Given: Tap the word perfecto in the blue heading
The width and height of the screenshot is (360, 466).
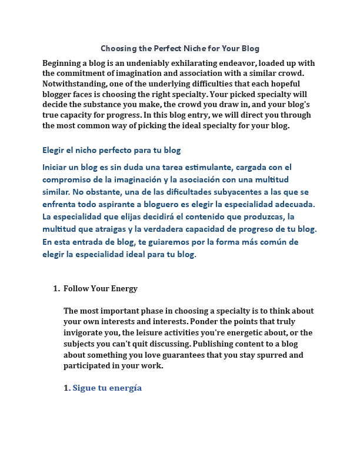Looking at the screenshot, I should point(125,150).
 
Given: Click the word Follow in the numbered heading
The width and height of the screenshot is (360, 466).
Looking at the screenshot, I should point(76,288).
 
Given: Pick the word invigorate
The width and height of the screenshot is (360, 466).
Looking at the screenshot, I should point(86,333).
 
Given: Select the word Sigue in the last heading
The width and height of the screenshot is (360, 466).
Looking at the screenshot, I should point(84,388).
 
